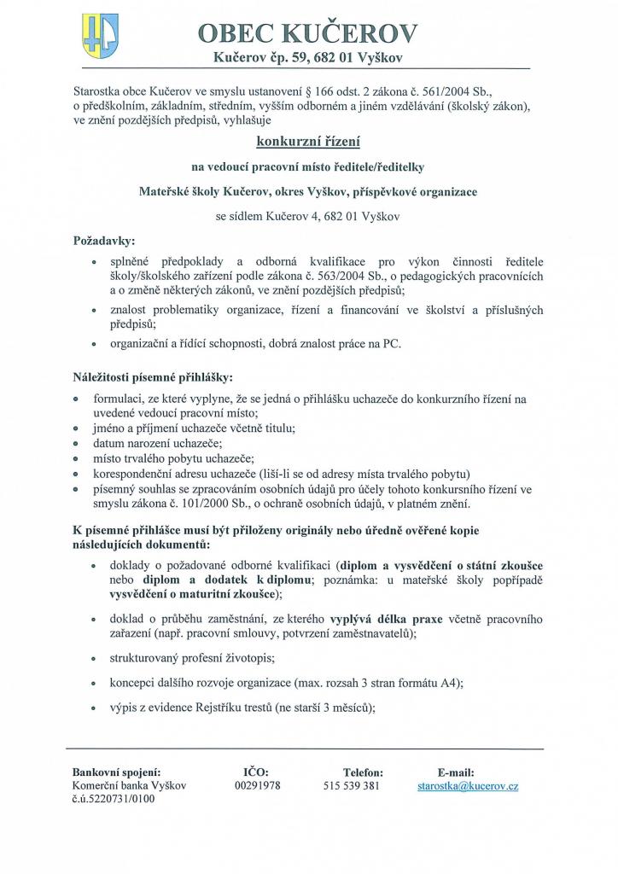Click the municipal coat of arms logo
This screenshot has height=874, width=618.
tap(100, 37)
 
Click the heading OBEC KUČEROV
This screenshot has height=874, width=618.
tap(307, 32)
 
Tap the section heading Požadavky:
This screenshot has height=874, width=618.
tap(103, 242)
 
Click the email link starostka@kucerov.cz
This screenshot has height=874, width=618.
tap(467, 785)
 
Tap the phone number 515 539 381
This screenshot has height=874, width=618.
tap(352, 785)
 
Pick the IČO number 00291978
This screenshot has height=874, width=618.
tap(257, 785)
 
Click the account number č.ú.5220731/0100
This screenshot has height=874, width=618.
tap(114, 800)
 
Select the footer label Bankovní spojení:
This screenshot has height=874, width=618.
tap(116, 772)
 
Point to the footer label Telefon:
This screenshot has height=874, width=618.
tap(363, 772)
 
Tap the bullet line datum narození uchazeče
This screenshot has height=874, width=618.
tap(158, 443)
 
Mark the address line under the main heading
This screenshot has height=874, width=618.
tap(307, 57)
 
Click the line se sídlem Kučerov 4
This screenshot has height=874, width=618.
tap(307, 216)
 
